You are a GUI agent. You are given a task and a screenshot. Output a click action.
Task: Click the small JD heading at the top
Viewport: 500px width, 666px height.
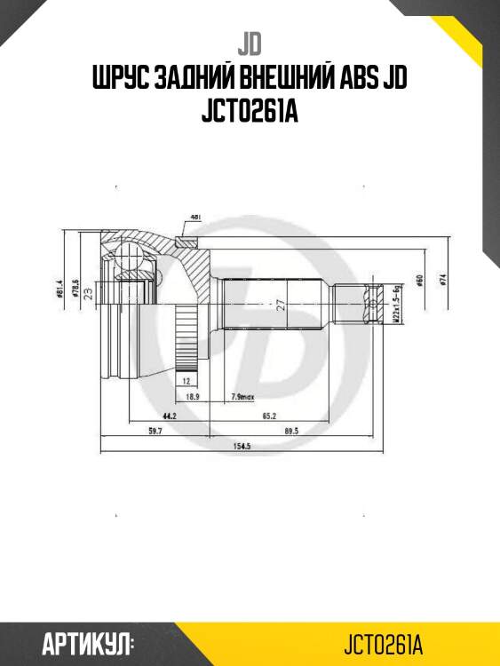[250, 43]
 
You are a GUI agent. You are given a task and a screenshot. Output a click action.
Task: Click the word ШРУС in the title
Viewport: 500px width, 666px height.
[120, 80]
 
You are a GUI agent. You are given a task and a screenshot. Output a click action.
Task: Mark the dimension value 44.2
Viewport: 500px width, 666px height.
[168, 414]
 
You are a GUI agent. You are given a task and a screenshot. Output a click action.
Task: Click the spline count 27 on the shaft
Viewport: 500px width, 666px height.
[280, 305]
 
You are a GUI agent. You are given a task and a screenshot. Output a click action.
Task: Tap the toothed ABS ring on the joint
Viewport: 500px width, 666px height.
[186, 338]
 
